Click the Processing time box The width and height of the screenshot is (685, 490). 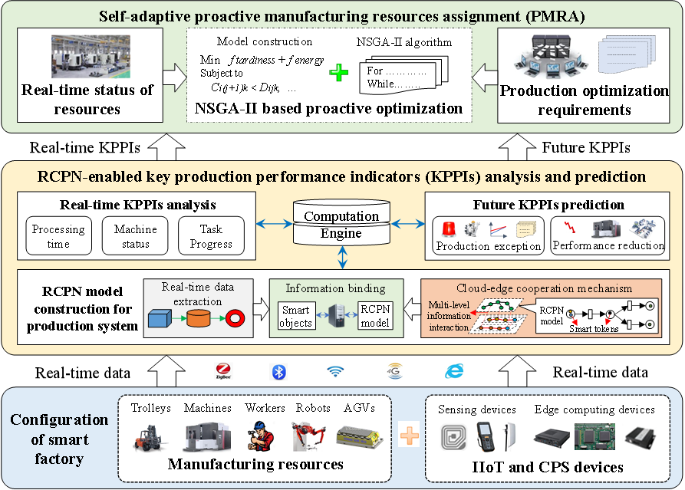point(58,235)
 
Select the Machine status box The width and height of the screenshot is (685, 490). point(135,235)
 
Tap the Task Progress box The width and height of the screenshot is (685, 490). point(211,235)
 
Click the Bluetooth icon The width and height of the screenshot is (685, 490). point(278,371)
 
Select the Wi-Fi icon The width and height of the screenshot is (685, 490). point(334,371)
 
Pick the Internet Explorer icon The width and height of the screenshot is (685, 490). point(453,371)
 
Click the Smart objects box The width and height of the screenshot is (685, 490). point(295,316)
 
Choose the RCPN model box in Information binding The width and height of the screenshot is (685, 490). point(375,316)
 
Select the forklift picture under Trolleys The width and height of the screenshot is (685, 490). point(150,435)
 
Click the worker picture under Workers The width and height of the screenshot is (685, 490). point(264,435)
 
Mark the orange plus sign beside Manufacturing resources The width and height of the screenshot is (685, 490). point(410,436)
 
